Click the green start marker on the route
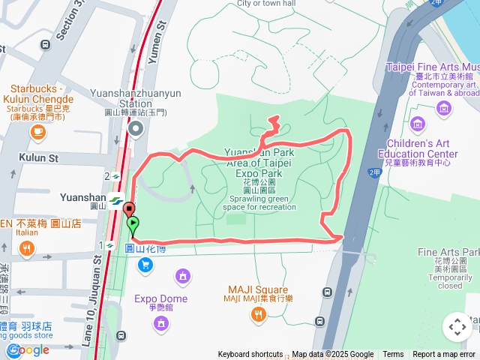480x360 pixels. (x=133, y=223)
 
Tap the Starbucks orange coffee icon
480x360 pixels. (x=37, y=131)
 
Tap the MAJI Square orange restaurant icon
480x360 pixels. (x=258, y=315)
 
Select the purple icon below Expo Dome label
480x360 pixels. (x=160, y=323)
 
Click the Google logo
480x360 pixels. (x=28, y=349)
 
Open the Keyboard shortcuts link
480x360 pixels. (x=250, y=355)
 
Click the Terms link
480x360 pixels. (x=393, y=355)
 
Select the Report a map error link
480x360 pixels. (x=444, y=355)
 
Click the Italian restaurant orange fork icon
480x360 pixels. (x=27, y=248)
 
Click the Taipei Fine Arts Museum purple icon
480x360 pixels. (x=444, y=109)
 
